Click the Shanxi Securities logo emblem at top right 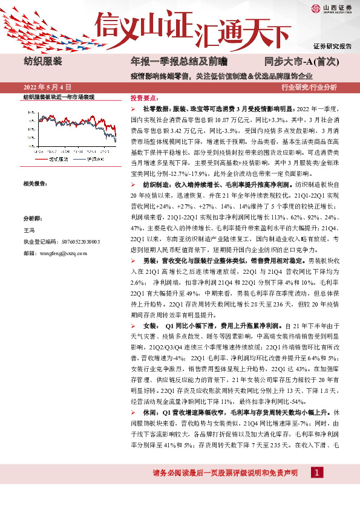316,8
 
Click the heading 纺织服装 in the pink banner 42,62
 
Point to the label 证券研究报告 332,46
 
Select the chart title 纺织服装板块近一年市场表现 59,97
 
